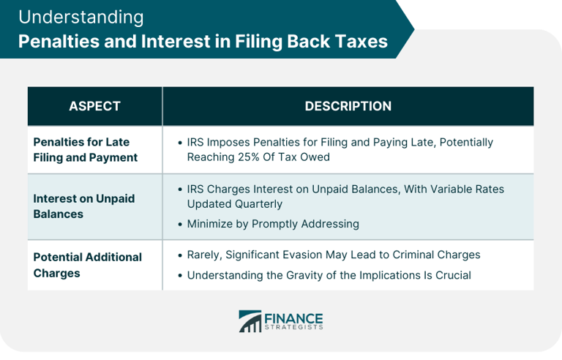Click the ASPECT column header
coord(94,106)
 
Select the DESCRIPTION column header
coord(348,106)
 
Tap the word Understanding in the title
coord(80,17)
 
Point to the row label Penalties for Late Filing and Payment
coord(86,149)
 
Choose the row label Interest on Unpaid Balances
coord(84,206)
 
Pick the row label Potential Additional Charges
coord(88,265)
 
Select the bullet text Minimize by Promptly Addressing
coord(273,223)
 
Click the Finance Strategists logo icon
coord(250,321)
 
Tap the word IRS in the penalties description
coord(197,142)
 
